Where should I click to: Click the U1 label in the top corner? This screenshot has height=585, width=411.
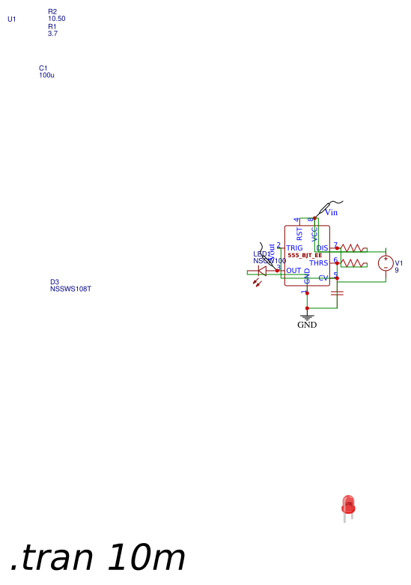[x=11, y=19]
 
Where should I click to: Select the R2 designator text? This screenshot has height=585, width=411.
[x=52, y=12]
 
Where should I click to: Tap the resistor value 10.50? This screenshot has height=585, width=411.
[x=57, y=19]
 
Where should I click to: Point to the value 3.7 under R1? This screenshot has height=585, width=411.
[x=52, y=34]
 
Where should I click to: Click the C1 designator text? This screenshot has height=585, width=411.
[x=43, y=68]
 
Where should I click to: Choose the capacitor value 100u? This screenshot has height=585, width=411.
[x=46, y=75]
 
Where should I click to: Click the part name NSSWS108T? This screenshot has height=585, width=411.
[x=70, y=289]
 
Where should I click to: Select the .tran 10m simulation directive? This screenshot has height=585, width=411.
[x=97, y=558]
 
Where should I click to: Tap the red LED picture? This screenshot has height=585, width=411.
[x=347, y=506]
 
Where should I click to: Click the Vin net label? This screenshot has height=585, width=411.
[x=331, y=213]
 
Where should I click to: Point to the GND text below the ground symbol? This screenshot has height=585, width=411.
[x=307, y=325]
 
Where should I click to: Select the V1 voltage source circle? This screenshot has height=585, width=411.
[x=386, y=263]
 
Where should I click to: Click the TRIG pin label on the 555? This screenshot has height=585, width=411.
[x=294, y=247]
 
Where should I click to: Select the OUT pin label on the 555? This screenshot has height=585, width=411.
[x=293, y=271]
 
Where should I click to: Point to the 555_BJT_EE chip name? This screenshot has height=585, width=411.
[x=305, y=256]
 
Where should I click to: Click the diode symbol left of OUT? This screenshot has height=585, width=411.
[x=262, y=271]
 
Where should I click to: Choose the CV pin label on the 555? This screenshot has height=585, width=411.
[x=323, y=278]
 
